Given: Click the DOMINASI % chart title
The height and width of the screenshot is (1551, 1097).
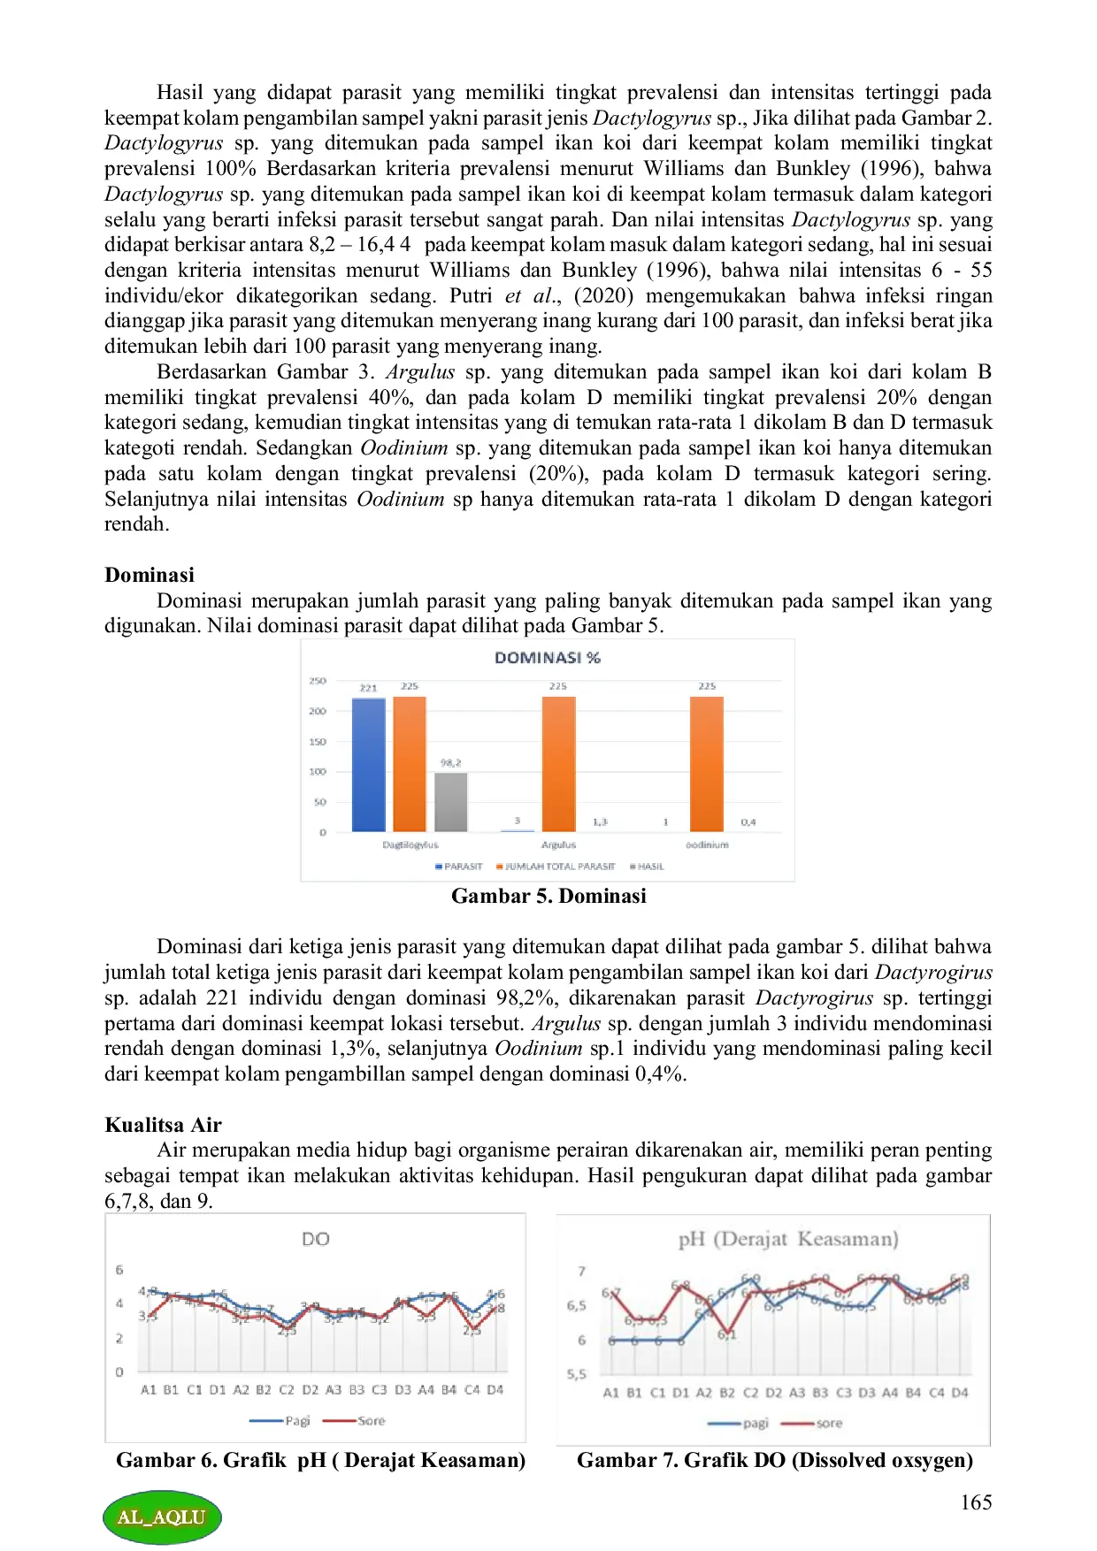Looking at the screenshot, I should click(547, 658).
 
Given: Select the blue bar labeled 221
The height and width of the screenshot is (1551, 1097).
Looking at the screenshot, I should click(368, 765).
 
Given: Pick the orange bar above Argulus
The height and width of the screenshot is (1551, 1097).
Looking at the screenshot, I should click(558, 764).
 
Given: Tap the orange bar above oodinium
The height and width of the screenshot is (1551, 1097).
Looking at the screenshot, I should click(706, 764).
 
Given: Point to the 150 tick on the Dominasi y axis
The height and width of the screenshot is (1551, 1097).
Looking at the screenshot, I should click(318, 742).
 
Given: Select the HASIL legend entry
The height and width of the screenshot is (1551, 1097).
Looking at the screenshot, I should click(647, 867).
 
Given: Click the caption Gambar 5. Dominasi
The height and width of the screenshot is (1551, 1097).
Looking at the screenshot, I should click(548, 896).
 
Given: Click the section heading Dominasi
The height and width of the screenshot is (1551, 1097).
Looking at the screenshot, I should click(150, 575).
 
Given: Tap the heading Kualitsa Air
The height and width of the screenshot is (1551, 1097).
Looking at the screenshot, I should click(163, 1125).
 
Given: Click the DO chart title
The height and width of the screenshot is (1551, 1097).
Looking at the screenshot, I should click(316, 1239).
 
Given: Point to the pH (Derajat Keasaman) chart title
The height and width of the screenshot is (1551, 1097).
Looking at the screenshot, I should click(787, 1239).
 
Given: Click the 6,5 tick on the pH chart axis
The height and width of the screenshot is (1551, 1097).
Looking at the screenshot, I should click(576, 1306).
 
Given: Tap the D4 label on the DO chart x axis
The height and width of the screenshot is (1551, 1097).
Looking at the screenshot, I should click(495, 1390).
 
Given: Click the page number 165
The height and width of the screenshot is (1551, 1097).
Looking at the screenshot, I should click(976, 1502).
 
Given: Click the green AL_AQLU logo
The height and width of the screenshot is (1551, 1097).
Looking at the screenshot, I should click(162, 1517).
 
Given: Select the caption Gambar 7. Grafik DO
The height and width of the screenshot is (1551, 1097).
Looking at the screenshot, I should click(774, 1460).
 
